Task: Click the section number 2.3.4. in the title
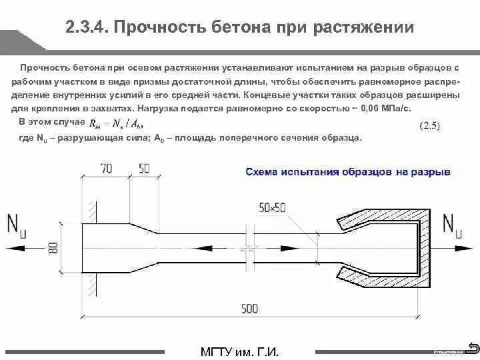pyautogui.click(x=88, y=28)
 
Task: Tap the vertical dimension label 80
pyautogui.click(x=60, y=248)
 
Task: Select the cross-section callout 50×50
pyautogui.click(x=272, y=207)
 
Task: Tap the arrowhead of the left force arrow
pyautogui.click(x=9, y=246)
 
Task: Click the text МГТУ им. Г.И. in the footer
pyautogui.click(x=239, y=350)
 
